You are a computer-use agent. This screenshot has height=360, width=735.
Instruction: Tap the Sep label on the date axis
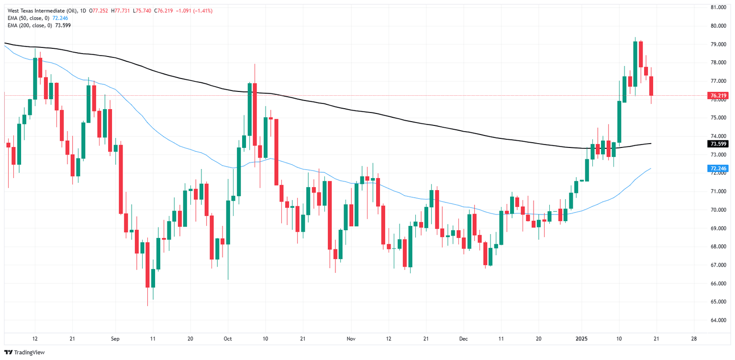pyautogui.click(x=115, y=338)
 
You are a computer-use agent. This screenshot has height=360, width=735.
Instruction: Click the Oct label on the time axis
pyautogui.click(x=227, y=338)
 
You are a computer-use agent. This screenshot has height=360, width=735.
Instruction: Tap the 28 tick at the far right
pyautogui.click(x=694, y=338)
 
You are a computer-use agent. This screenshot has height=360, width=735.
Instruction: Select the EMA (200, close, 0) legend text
pyautogui.click(x=29, y=25)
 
